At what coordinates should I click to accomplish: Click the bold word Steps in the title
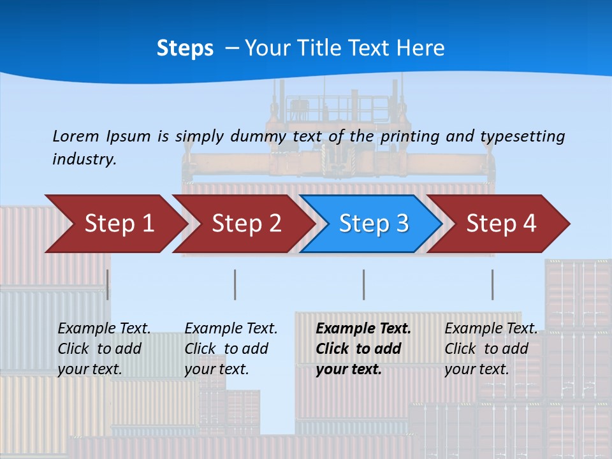[185, 48]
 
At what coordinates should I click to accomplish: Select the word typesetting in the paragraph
[522, 136]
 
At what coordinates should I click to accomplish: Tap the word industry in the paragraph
[84, 159]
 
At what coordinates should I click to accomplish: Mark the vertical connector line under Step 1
[108, 284]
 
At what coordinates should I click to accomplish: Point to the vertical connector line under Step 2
[235, 284]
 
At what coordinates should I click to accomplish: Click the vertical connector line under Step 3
[363, 284]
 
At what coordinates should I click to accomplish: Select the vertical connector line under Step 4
[492, 284]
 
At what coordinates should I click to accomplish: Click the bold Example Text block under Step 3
[363, 349]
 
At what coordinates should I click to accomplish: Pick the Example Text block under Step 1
[104, 349]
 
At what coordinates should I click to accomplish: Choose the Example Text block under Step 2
[231, 349]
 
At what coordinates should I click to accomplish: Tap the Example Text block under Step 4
[491, 349]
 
